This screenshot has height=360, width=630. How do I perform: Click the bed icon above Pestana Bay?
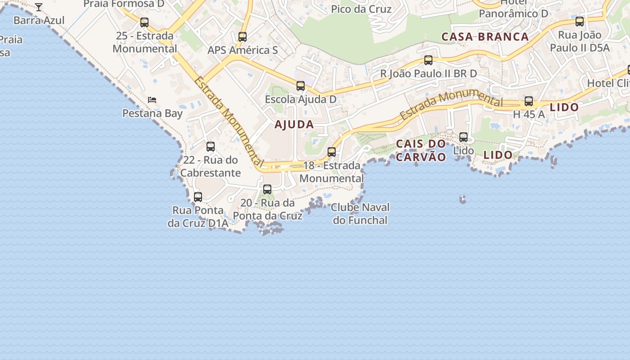pos(152,100)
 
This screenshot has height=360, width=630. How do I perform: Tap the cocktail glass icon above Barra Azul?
pos(39,7)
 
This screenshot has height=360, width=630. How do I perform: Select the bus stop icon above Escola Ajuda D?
pos(301,86)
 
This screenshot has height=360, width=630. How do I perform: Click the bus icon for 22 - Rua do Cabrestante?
pos(211,147)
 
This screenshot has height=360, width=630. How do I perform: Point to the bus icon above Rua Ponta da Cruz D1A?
pos(198,197)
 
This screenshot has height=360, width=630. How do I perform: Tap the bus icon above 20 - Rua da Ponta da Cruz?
pos(267,189)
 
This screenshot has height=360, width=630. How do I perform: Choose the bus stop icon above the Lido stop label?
pos(463,137)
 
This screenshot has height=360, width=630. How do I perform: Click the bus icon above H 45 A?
pos(529,102)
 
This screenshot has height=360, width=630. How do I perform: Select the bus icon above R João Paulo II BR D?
pos(428,60)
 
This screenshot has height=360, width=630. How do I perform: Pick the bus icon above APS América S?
pos(243,37)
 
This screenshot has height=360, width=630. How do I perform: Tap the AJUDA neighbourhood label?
pos(294,125)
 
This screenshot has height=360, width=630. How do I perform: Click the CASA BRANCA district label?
pos(485,37)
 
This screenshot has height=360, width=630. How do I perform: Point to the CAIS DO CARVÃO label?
pos(421,150)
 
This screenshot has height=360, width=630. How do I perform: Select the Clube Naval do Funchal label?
pos(360,214)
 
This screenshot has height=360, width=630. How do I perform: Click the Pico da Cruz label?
pos(361,9)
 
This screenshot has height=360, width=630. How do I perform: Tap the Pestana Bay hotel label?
pos(153,113)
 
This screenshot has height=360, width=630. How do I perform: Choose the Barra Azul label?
pos(39,20)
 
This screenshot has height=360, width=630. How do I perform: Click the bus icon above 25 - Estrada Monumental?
pos(144,22)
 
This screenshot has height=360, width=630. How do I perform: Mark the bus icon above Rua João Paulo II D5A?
pos(580,22)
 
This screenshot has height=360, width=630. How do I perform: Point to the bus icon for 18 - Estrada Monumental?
pos(332,152)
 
